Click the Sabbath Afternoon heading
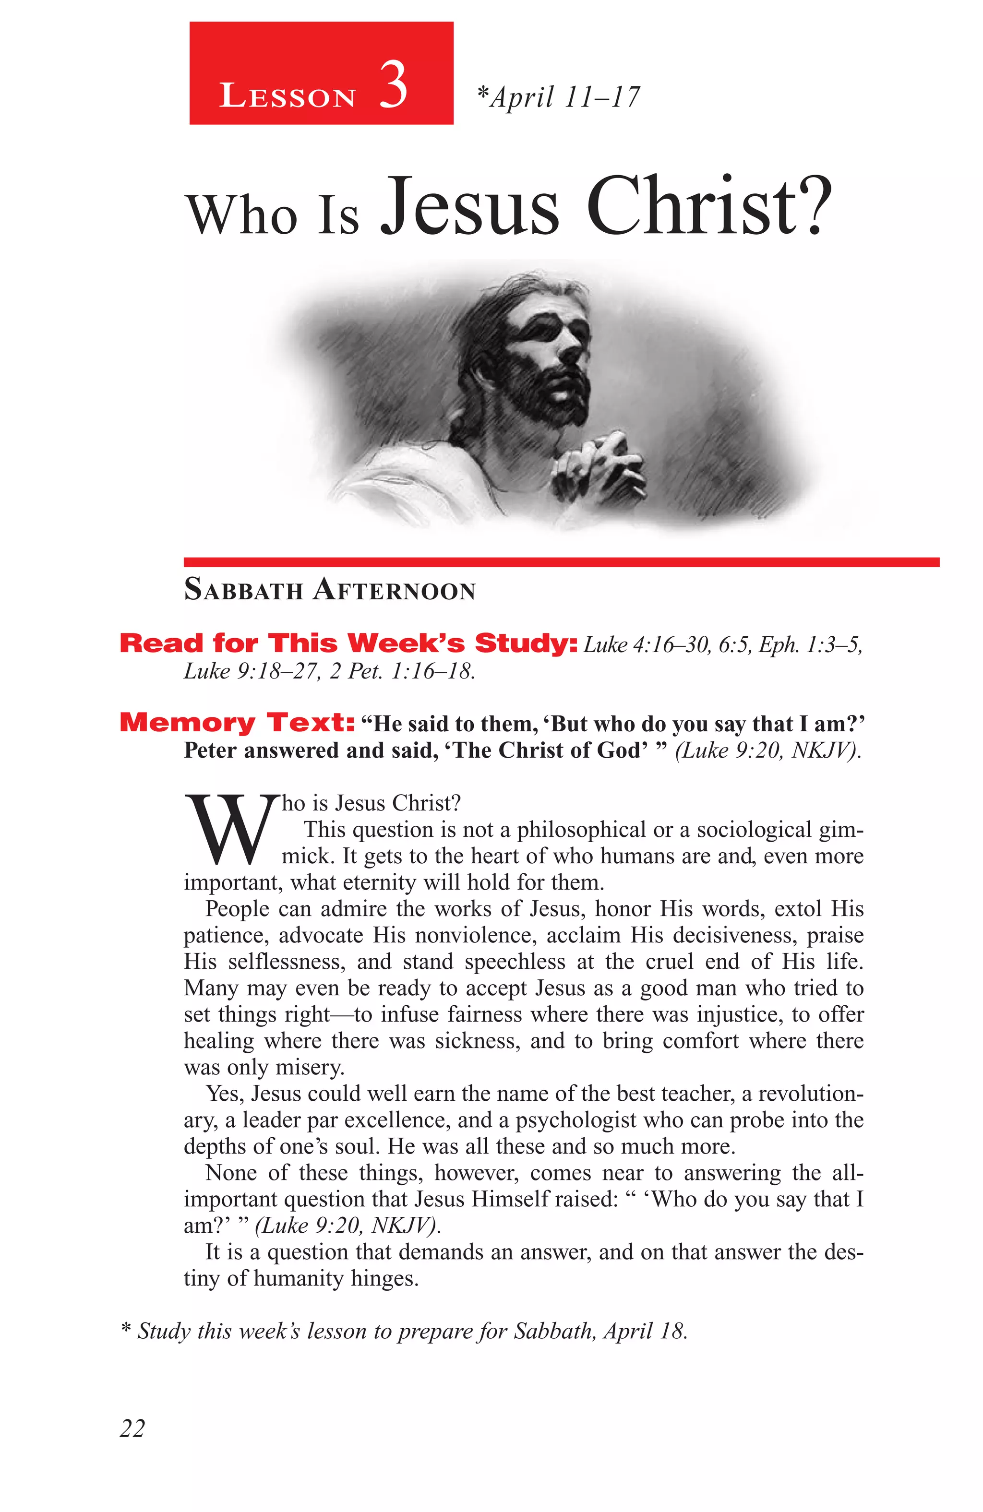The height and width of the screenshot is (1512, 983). tap(329, 590)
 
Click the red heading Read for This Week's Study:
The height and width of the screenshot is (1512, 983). tap(348, 643)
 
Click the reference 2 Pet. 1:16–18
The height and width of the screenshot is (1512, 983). tap(402, 671)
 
